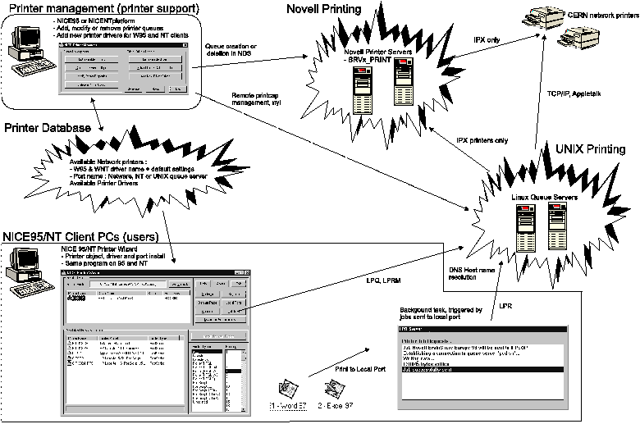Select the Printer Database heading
[x=52, y=128]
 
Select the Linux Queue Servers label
[x=523, y=196]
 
